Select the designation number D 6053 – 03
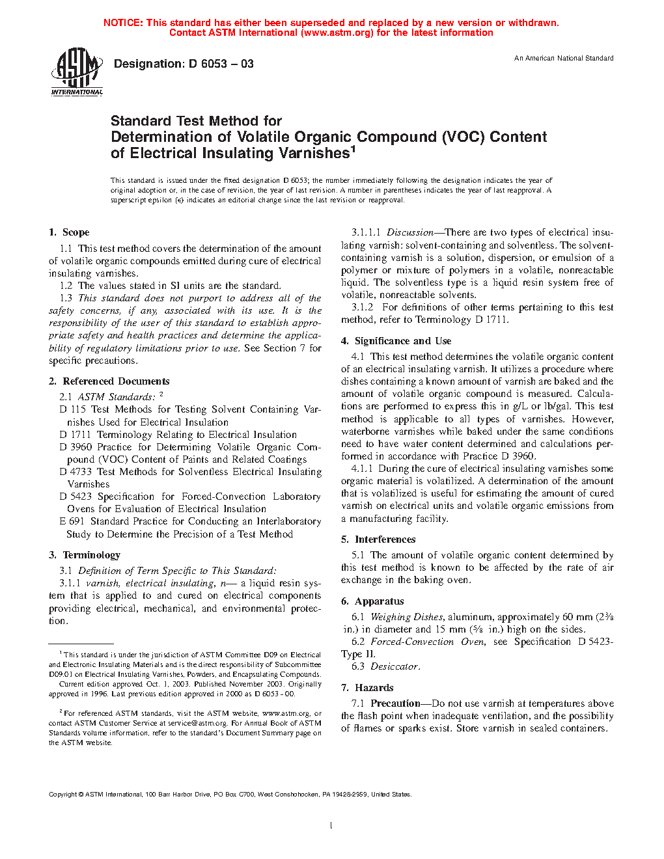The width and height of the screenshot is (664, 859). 221,64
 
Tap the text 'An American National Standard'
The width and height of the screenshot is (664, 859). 564,59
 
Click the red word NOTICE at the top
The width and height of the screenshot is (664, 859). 123,23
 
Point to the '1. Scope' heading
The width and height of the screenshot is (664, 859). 69,232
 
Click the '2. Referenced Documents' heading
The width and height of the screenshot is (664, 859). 109,381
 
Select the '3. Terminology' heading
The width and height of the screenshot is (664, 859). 85,555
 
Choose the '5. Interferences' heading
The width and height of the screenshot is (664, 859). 378,539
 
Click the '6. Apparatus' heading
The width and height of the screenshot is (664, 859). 372,601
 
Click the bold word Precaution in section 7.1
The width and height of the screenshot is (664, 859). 395,703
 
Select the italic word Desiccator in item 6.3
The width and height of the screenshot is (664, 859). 394,666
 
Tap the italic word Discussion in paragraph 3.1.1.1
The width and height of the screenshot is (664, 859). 409,232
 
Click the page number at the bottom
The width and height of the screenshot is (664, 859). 331,826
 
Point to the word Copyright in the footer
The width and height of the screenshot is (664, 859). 63,795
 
